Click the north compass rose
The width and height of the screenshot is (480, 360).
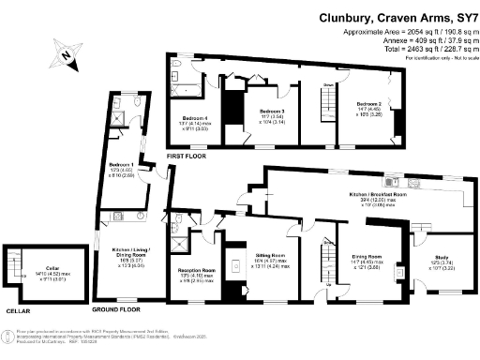click(x=65, y=58)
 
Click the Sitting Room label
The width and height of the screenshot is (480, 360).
click(x=271, y=254)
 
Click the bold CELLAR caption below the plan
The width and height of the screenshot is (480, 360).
click(x=18, y=308)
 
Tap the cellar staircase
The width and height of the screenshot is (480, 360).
click(x=13, y=270)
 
